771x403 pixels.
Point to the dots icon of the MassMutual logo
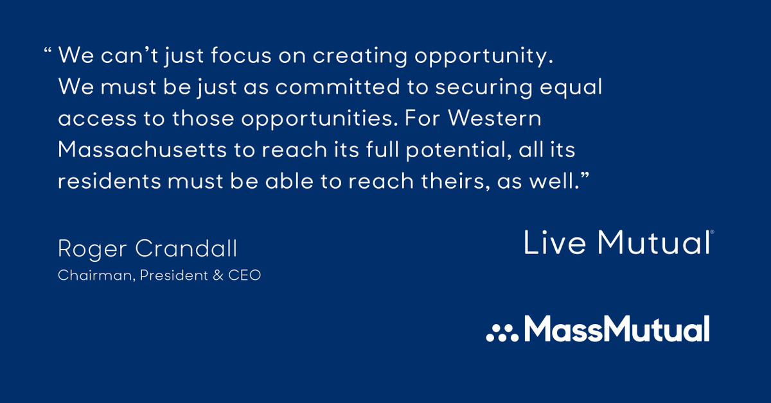[x=502, y=332]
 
